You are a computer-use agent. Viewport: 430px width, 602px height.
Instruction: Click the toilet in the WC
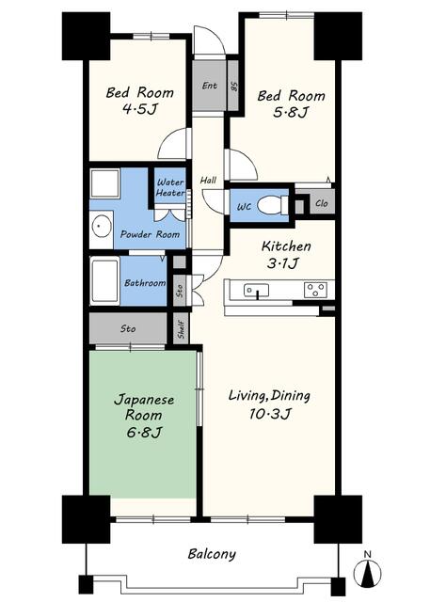[x=273, y=205]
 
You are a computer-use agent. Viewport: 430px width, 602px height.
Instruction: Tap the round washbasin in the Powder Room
[x=102, y=226]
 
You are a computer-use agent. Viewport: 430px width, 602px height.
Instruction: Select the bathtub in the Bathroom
[x=104, y=280]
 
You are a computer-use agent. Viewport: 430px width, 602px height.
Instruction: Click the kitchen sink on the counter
[x=256, y=291]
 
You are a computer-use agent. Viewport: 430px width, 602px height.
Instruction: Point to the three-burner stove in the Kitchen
[x=315, y=290]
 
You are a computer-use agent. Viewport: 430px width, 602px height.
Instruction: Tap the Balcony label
[x=212, y=554]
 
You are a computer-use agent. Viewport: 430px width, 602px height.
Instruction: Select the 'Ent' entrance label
[x=210, y=86]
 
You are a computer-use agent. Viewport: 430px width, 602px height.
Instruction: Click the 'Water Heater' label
[x=169, y=187]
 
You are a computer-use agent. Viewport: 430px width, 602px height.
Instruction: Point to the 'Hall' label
[x=208, y=180]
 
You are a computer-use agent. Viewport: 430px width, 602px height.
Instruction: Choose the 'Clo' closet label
[x=322, y=203]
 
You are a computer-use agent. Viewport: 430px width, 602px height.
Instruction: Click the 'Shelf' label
[x=182, y=329]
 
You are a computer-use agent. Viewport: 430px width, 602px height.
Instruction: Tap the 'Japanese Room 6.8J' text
[x=144, y=416]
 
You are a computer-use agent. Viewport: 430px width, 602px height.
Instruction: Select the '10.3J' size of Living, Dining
[x=270, y=414]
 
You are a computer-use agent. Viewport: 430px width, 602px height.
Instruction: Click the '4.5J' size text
[x=140, y=109]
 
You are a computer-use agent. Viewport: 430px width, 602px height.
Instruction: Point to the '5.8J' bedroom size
[x=291, y=113]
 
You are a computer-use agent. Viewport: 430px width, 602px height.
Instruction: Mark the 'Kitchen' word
[x=286, y=246]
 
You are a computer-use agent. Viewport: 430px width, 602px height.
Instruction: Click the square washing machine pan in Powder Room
[x=104, y=183]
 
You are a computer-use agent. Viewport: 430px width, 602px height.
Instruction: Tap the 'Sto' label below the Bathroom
[x=128, y=329]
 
